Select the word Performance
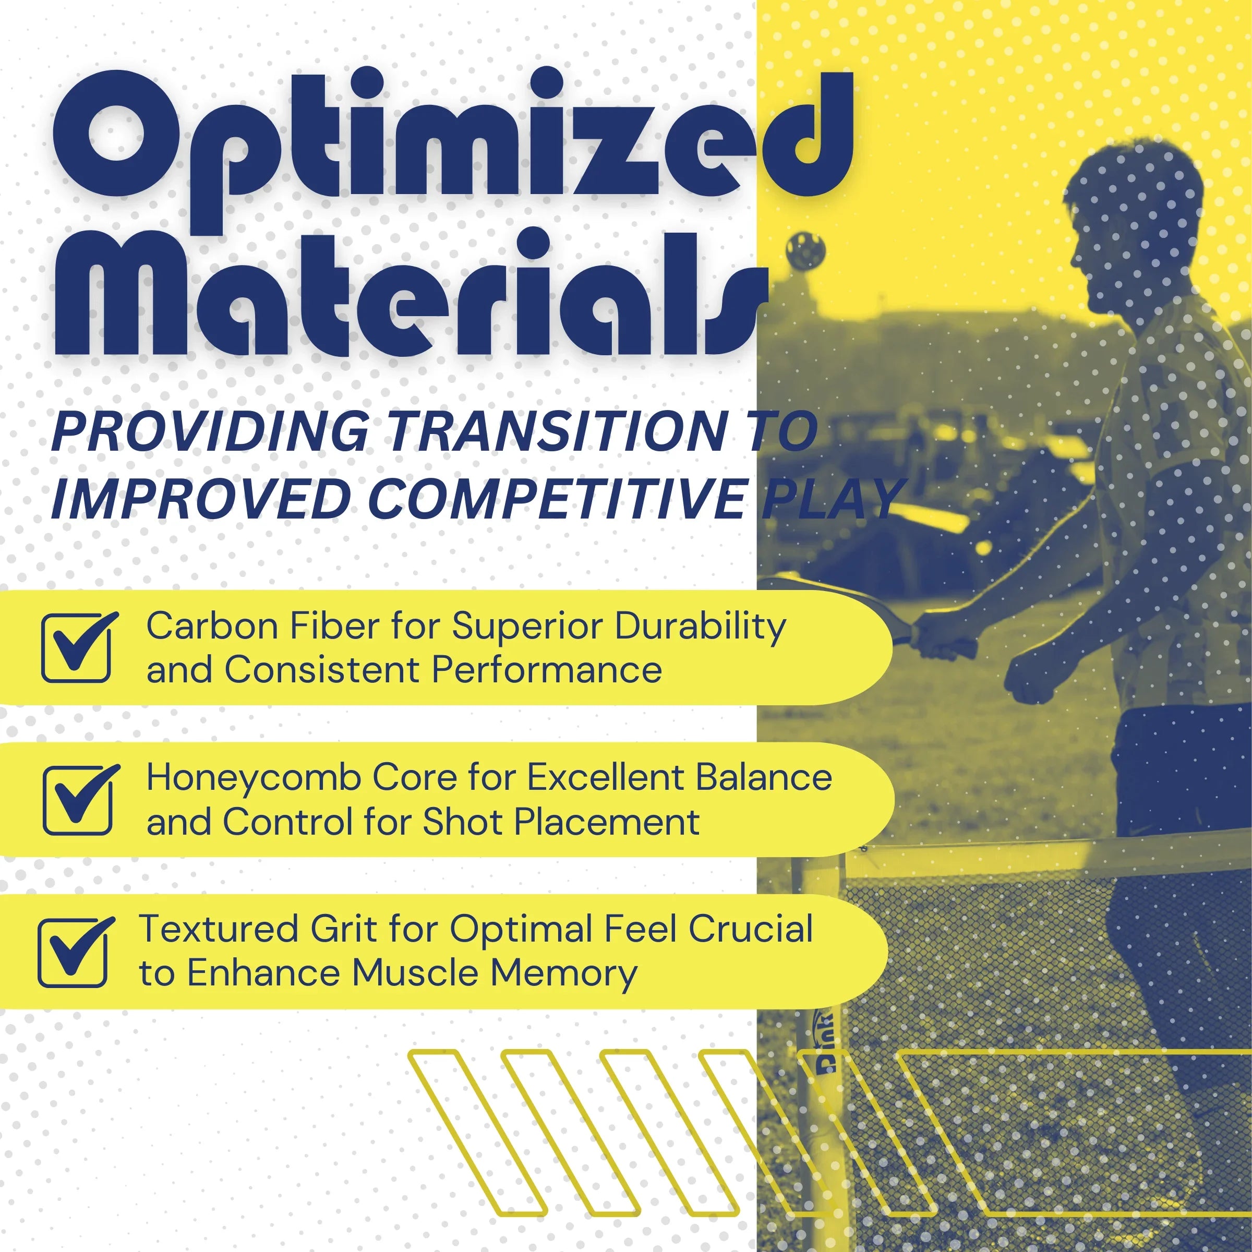tap(546, 669)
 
